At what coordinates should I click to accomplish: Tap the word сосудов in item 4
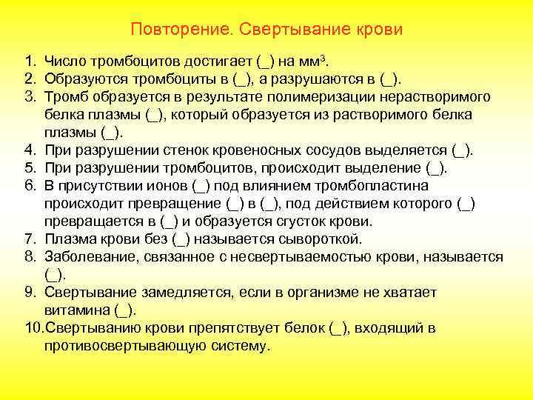tap(321, 150)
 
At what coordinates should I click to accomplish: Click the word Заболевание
tap(88, 256)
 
